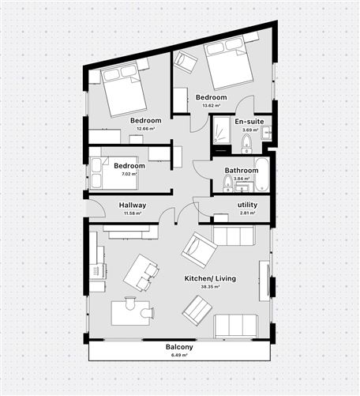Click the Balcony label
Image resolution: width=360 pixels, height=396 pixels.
(180, 347)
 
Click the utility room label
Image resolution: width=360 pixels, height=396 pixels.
(247, 205)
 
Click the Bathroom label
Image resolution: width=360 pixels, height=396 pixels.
(241, 170)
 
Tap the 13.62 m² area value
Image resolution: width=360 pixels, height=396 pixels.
(211, 105)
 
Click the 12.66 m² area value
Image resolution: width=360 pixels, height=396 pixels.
(145, 128)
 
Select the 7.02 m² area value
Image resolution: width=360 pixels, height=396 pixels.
(129, 174)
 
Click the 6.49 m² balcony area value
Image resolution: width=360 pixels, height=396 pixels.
(180, 355)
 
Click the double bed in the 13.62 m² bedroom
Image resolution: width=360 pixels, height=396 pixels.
(228, 63)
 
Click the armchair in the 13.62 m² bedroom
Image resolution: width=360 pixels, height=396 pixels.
(186, 62)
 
